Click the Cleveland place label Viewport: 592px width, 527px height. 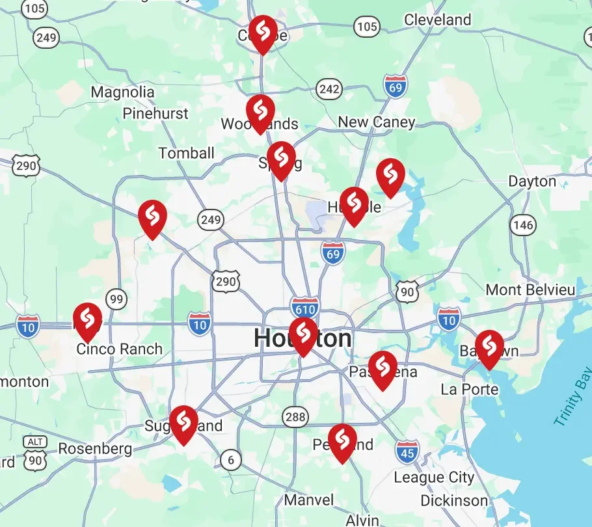point(437,20)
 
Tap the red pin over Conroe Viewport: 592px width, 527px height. point(262,33)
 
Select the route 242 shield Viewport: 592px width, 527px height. point(329,89)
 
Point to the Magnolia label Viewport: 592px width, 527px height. point(122,92)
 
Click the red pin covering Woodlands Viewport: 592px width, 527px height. point(260,112)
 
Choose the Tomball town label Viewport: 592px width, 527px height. point(187,154)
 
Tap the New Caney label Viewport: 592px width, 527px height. point(376,122)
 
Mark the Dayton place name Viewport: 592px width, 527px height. point(532,182)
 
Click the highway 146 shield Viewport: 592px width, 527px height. point(523,226)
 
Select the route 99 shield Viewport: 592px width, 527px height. point(117,299)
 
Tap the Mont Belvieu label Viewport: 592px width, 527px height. point(531,290)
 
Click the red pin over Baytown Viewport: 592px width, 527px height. point(489,347)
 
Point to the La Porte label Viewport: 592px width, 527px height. point(470,390)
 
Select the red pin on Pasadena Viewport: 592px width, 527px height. point(383,368)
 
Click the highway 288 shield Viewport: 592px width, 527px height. point(295,417)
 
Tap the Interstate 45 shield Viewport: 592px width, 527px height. point(407,452)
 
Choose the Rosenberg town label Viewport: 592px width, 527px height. point(95,449)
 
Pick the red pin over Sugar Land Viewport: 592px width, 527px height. point(183,423)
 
